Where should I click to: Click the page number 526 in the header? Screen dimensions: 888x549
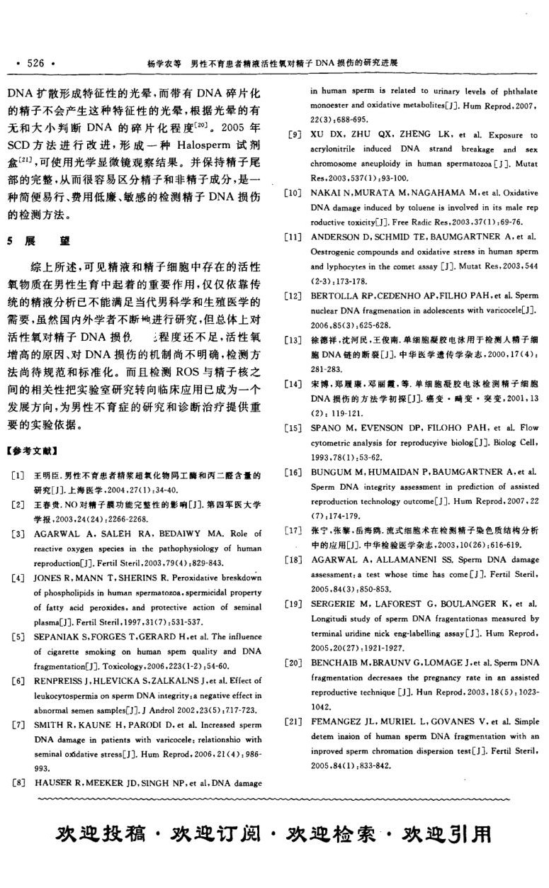pos(35,63)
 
